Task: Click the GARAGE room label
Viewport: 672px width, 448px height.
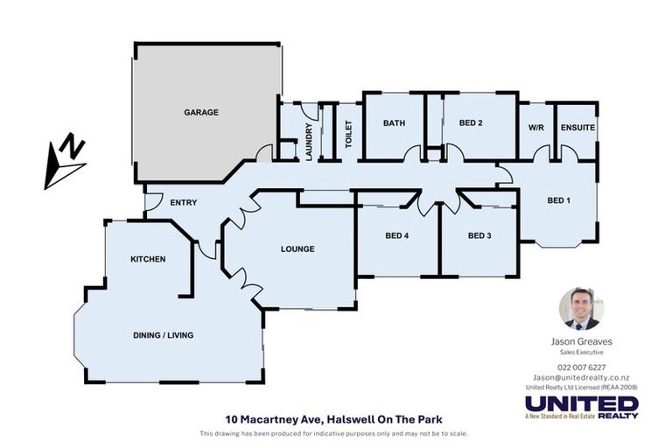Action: tap(201, 112)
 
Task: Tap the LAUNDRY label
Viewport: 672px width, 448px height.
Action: tap(309, 141)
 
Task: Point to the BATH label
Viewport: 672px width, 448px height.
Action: tap(394, 123)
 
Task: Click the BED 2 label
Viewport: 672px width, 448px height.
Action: tap(470, 123)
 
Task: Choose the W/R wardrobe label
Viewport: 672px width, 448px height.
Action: tap(536, 128)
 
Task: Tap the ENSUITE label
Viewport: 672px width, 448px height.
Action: tap(577, 128)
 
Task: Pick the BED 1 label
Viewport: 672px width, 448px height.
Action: tap(558, 200)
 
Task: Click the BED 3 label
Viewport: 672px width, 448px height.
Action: tap(479, 235)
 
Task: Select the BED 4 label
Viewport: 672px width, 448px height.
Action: tap(397, 235)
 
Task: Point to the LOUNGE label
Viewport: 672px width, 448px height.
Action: tap(297, 249)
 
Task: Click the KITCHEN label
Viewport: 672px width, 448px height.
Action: tap(148, 259)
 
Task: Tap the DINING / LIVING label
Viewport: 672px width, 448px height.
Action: tap(163, 335)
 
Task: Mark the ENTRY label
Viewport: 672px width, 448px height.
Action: tap(184, 203)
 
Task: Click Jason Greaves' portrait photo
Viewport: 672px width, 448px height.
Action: tap(582, 309)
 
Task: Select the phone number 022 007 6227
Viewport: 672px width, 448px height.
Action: tap(582, 367)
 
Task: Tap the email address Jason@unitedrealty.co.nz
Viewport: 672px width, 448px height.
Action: tap(582, 376)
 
